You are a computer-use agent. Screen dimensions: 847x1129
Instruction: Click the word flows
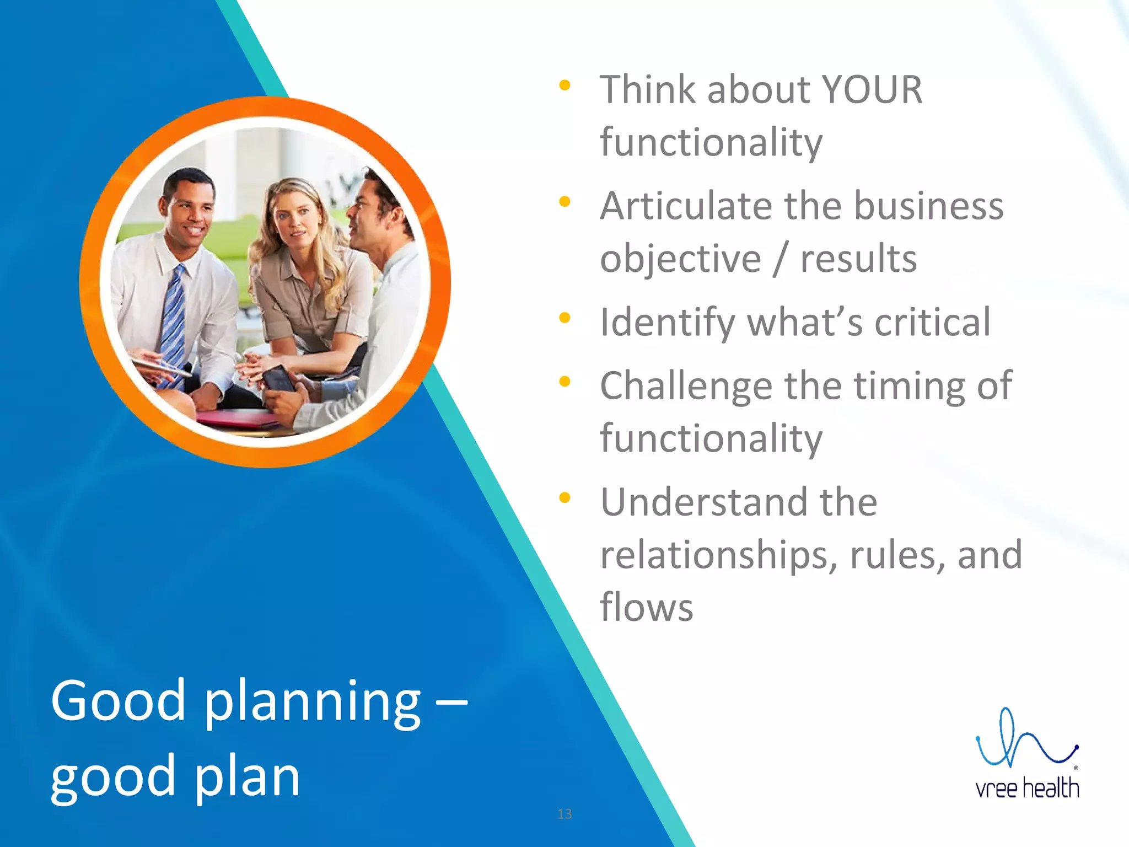[646, 607]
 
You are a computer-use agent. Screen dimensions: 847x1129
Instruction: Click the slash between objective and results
[779, 260]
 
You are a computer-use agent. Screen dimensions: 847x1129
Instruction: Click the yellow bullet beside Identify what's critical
[564, 318]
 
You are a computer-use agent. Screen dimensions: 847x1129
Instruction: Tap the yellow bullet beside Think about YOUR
[564, 85]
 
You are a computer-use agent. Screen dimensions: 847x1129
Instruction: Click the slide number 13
[564, 814]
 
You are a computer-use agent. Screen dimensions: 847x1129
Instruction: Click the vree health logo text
[1027, 788]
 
